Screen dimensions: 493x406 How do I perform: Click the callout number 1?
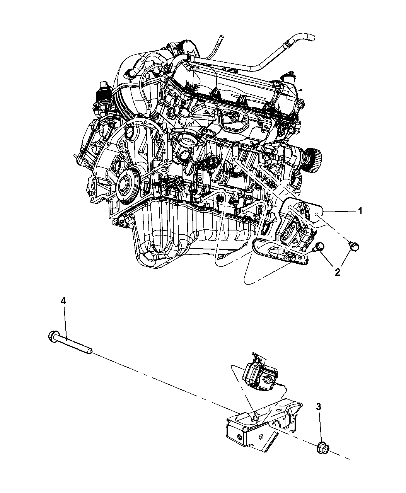click(x=360, y=211)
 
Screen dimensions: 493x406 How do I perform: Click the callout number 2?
click(x=337, y=272)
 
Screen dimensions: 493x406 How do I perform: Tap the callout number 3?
click(x=319, y=406)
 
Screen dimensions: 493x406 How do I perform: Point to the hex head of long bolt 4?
click(x=53, y=336)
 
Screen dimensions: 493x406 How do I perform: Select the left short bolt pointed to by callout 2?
click(x=319, y=247)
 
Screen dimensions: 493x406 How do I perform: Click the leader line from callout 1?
click(x=340, y=212)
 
